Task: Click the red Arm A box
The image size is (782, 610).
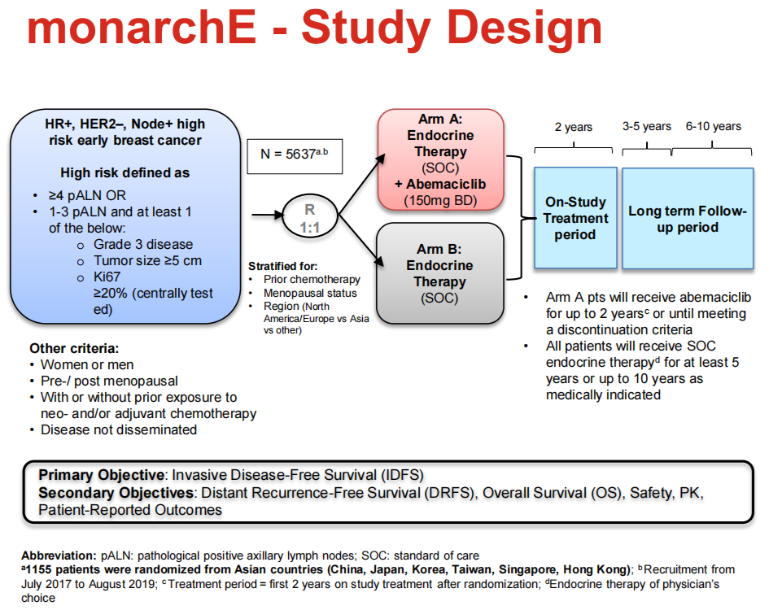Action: (x=440, y=159)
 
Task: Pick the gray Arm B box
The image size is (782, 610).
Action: (x=440, y=273)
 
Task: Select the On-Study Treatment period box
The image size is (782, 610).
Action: (x=575, y=218)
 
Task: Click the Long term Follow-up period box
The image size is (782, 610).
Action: (x=687, y=218)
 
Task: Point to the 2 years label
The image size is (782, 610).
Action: (x=574, y=127)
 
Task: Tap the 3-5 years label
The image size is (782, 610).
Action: (x=646, y=126)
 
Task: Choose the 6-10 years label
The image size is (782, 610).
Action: (x=713, y=126)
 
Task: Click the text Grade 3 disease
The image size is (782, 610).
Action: (x=143, y=244)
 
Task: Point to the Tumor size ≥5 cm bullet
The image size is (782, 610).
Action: (x=147, y=260)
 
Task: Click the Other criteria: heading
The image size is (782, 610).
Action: (x=74, y=348)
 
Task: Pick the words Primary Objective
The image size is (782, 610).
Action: (x=100, y=476)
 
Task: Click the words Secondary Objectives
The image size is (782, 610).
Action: (x=116, y=493)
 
